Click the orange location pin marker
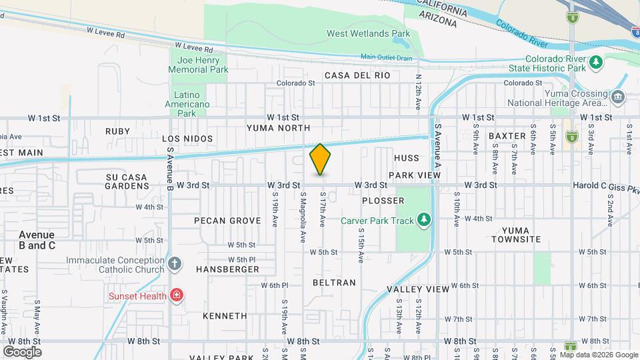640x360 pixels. [x=320, y=159]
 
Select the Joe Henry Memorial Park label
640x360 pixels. [x=198, y=65]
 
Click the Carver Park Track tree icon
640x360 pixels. [x=423, y=220]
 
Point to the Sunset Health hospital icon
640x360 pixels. [x=177, y=295]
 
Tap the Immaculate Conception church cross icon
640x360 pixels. [x=175, y=264]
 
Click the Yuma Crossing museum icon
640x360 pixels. [x=617, y=98]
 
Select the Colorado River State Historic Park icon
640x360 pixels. [x=595, y=63]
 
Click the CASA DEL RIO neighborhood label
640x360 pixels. [x=357, y=75]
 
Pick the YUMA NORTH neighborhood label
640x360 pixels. [x=278, y=127]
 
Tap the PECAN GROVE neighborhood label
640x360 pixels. [x=223, y=220]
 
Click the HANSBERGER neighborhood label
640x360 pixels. [x=227, y=269]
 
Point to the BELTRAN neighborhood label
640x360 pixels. [x=334, y=283]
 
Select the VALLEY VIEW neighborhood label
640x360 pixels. [x=418, y=289]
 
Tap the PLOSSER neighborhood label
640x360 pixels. [x=383, y=201]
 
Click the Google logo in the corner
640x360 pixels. [x=22, y=351]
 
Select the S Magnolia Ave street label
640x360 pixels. [x=303, y=218]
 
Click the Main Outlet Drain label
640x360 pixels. [x=387, y=58]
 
